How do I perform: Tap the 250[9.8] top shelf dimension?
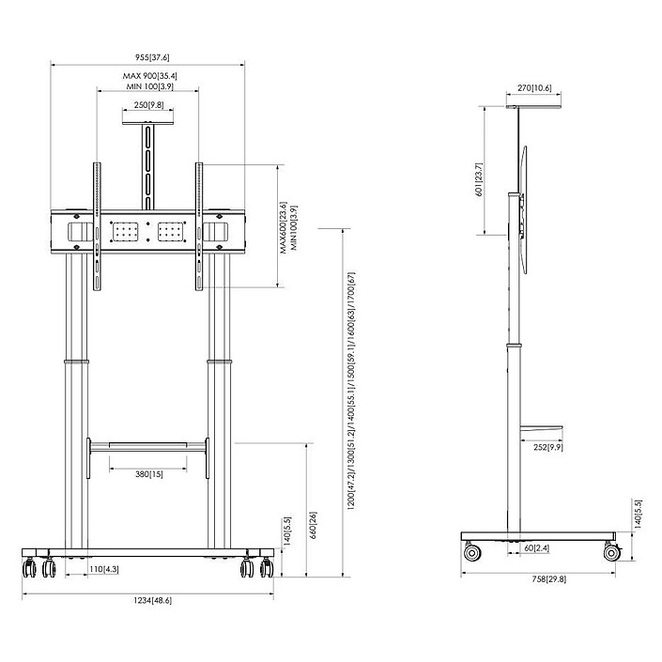(x=148, y=105)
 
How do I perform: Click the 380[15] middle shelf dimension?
(x=148, y=474)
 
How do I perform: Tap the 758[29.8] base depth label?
(x=539, y=579)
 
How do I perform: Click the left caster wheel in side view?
(x=474, y=553)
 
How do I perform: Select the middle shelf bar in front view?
(x=147, y=442)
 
